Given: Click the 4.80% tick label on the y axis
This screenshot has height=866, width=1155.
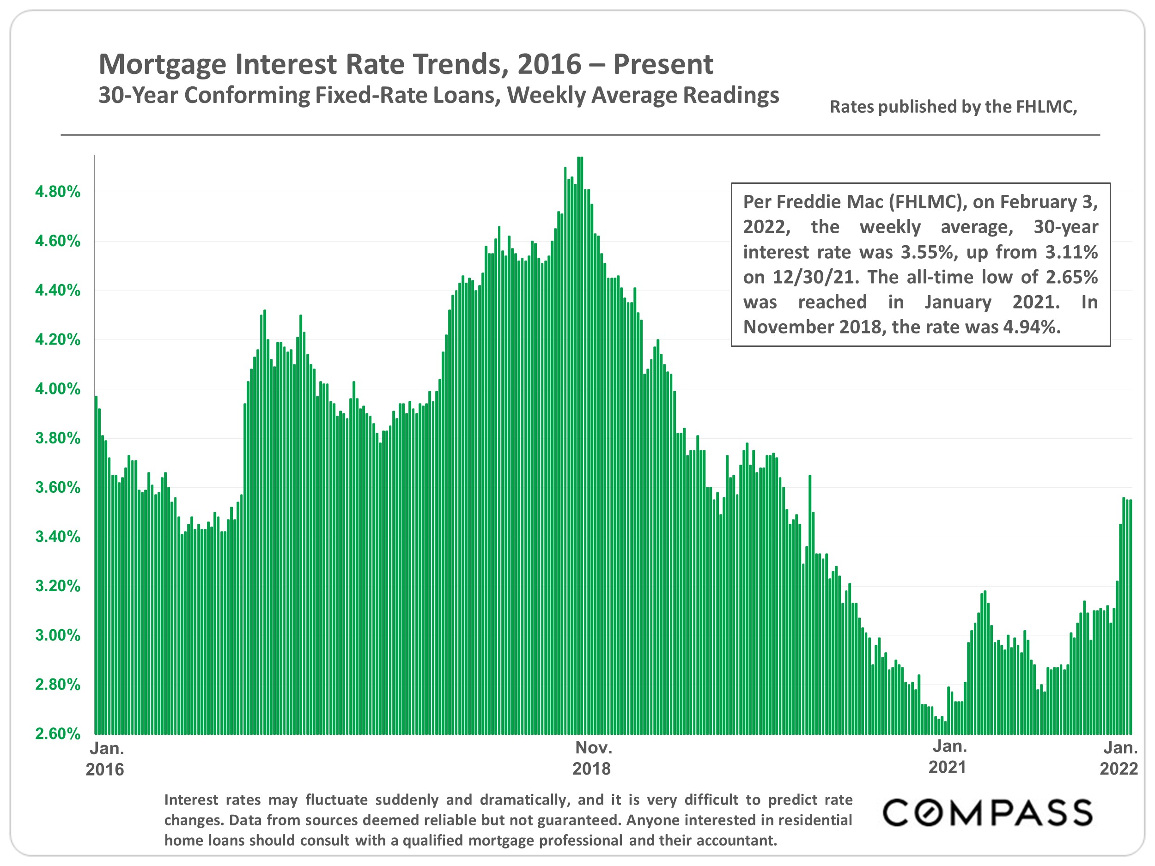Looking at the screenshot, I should click(x=57, y=192).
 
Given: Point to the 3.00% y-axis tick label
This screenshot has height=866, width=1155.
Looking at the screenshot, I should click(x=57, y=635).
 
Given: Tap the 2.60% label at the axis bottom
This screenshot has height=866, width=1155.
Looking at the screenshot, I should click(x=57, y=733).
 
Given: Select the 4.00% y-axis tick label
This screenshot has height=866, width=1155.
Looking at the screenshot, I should click(x=57, y=389).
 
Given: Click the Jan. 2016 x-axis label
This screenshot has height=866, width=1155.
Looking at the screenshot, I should click(x=105, y=758).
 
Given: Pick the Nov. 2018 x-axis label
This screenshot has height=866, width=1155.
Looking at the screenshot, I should click(x=592, y=758).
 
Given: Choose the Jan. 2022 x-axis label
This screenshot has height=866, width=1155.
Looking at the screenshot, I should click(x=1119, y=758).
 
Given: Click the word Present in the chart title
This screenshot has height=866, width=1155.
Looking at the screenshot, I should click(x=663, y=65).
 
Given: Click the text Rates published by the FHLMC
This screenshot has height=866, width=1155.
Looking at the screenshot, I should click(x=954, y=107).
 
